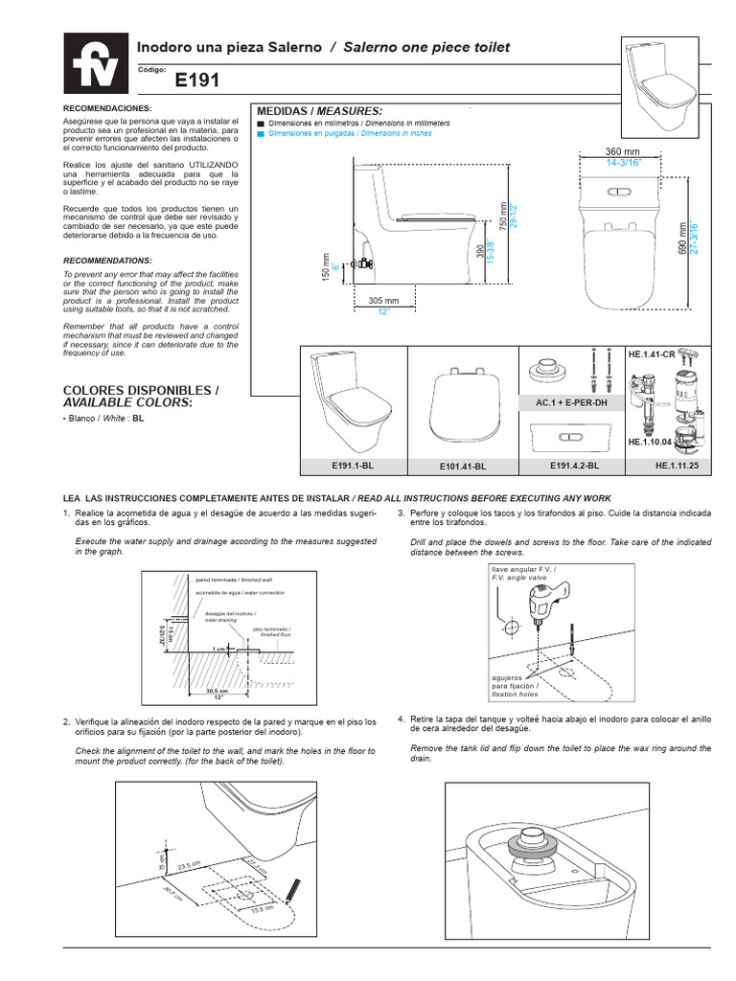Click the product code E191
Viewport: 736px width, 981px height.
197,81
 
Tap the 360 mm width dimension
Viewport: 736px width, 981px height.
622,152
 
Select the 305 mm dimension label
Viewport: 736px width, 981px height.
383,300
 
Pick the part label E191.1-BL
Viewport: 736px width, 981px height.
354,465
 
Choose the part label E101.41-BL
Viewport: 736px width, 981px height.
464,466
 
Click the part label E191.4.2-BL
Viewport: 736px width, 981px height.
573,465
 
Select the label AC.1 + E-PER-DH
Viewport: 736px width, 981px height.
573,403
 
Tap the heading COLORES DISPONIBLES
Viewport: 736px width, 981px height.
141,390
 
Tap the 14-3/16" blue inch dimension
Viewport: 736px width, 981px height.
622,163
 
